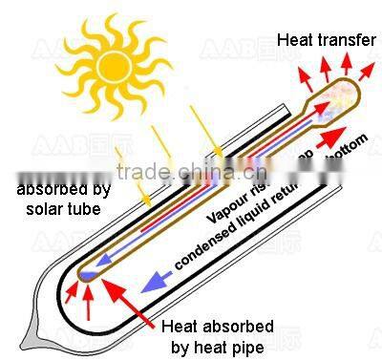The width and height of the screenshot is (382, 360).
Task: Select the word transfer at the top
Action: coord(339,40)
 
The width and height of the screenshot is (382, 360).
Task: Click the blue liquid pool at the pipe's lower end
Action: coord(87,276)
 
